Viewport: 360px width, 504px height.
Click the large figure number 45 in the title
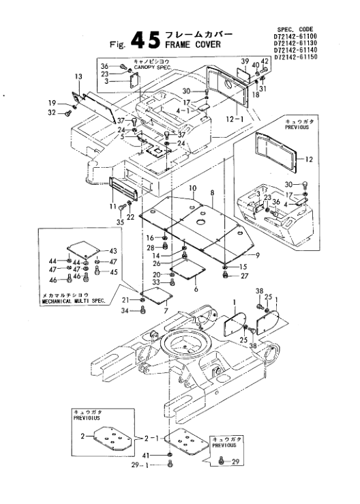coord(146,40)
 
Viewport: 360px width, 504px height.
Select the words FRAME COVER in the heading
coord(193,44)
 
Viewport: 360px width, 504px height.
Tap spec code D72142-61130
coord(295,43)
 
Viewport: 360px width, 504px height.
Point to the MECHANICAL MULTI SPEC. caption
coord(74,301)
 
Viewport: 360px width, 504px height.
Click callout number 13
coord(78,77)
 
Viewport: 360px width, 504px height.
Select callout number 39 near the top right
coord(245,61)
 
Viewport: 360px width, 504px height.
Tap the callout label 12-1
coord(235,119)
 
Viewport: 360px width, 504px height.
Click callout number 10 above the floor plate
coord(192,188)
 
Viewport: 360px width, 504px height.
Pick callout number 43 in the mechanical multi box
coord(113,251)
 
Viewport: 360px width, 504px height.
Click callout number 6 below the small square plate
coord(196,289)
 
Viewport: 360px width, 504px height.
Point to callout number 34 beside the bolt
coord(125,310)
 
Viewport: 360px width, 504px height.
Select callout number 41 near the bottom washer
coord(146,455)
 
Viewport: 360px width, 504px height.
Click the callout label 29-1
coord(140,465)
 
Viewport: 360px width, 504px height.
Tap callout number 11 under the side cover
coord(112,206)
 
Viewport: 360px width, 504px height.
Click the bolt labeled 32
coord(68,113)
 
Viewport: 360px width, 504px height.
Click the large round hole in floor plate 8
coord(200,222)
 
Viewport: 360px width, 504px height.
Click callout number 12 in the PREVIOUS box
coord(309,160)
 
